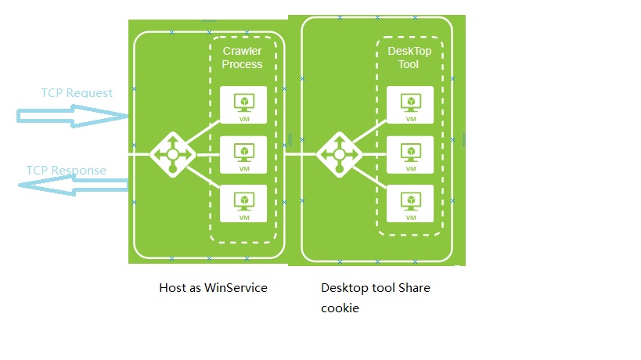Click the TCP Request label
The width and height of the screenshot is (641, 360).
[77, 93]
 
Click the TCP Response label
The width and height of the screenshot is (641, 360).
[66, 171]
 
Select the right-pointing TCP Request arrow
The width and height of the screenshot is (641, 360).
[72, 117]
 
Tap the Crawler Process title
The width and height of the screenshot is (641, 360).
[242, 57]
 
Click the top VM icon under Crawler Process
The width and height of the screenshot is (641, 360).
[243, 105]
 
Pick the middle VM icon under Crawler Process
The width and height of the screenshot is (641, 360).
[243, 154]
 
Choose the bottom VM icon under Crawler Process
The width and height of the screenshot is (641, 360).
[243, 203]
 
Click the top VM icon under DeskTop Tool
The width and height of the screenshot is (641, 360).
[409, 105]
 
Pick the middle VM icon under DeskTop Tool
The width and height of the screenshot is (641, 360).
[409, 154]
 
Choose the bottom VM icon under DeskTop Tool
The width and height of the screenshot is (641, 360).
[409, 203]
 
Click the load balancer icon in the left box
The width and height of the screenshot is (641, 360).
[172, 154]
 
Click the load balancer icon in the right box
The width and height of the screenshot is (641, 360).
[339, 154]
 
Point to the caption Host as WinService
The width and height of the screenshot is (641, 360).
[213, 288]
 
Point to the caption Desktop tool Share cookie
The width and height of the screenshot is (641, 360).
[376, 297]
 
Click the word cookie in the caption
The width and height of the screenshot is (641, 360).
[340, 308]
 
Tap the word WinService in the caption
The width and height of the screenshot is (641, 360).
[236, 288]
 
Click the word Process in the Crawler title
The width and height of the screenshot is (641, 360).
[242, 64]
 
